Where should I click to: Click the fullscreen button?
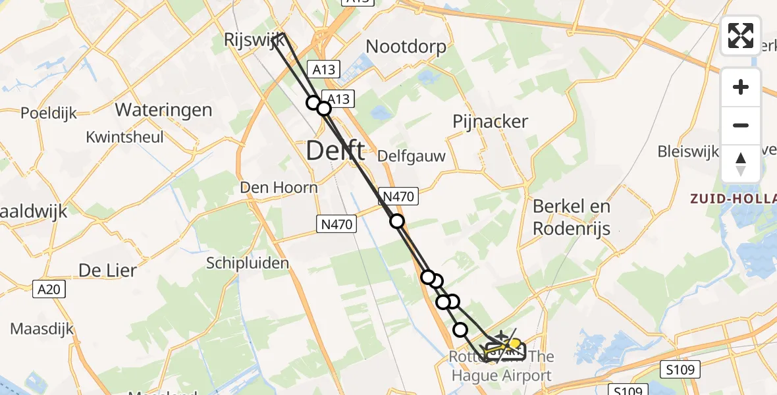741,36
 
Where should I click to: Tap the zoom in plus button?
741,87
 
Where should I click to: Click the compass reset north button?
741,163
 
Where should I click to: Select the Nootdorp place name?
406,47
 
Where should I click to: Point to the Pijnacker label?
491,121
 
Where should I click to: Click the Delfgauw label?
412,157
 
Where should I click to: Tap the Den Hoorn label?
279,188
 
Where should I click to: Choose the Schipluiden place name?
248,263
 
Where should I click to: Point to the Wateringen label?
163,109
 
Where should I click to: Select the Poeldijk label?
49,113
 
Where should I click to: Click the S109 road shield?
678,370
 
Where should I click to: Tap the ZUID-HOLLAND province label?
733,197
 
